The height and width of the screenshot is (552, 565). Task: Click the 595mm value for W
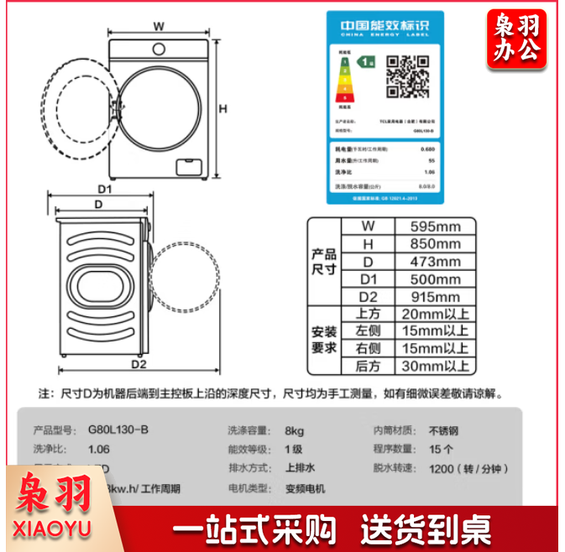(x=434, y=227)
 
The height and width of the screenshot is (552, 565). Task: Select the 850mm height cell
(x=434, y=244)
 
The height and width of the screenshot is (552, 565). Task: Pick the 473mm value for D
(x=434, y=262)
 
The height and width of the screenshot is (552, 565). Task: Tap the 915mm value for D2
(x=434, y=297)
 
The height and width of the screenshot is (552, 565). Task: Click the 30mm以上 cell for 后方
(x=434, y=366)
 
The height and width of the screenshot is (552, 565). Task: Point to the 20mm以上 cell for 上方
(x=434, y=314)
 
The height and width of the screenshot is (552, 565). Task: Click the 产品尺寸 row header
(x=324, y=262)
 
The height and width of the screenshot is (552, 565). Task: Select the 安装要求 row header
(x=324, y=340)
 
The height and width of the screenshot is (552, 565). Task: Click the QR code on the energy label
(x=406, y=76)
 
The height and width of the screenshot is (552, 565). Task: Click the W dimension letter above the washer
(x=159, y=26)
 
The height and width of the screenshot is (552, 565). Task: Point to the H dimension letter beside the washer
(x=223, y=108)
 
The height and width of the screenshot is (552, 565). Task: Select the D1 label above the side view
(x=104, y=189)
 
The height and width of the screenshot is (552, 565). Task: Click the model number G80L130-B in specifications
(x=118, y=430)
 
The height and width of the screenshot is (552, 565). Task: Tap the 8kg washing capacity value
(x=294, y=430)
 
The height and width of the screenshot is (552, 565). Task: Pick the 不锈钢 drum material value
(x=444, y=430)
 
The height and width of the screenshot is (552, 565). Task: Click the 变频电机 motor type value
(x=305, y=488)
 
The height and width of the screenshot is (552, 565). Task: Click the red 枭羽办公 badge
(x=515, y=39)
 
